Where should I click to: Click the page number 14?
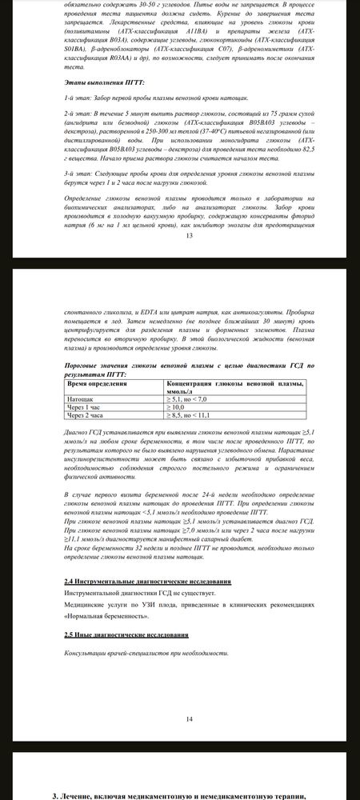tap(189, 719)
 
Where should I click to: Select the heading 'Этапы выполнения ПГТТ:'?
tap(100, 82)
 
